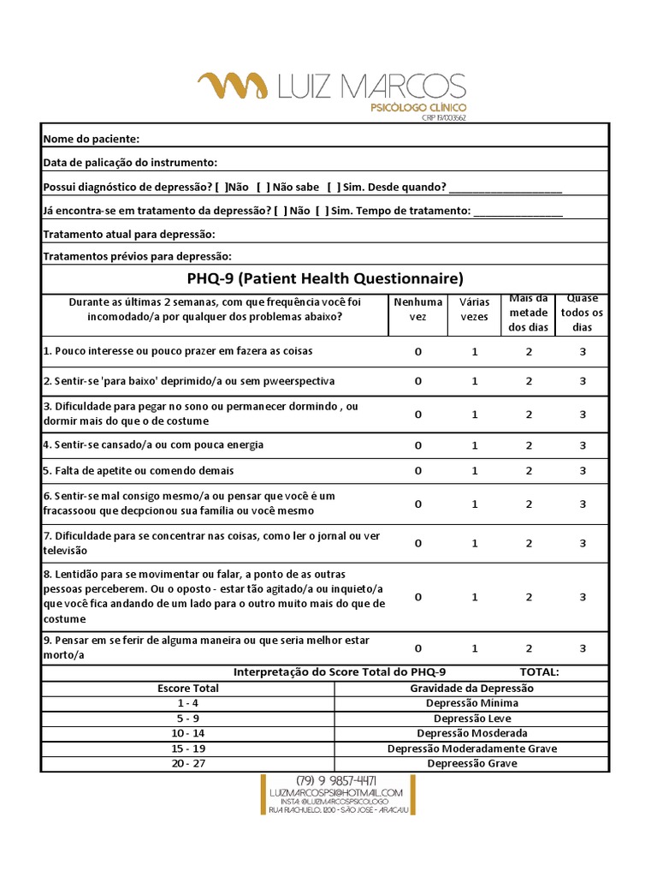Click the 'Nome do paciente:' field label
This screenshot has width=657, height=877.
(91, 139)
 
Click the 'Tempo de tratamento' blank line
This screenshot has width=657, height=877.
(518, 211)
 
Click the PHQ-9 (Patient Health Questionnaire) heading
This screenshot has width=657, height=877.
(325, 278)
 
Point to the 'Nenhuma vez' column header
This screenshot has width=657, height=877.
(418, 309)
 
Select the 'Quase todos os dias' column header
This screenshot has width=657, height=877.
(582, 313)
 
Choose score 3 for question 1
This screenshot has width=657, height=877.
(583, 352)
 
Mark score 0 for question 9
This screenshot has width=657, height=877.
(418, 648)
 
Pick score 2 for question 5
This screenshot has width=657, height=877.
(529, 471)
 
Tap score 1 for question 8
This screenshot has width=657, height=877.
(475, 597)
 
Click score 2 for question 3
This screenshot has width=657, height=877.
(529, 415)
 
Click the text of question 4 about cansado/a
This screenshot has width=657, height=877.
(153, 444)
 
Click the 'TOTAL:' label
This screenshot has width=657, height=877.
(539, 672)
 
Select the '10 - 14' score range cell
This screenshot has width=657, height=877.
(188, 733)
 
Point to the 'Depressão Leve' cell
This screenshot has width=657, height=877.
(472, 719)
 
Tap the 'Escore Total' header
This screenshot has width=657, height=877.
(188, 689)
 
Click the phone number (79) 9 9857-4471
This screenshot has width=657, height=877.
(336, 781)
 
